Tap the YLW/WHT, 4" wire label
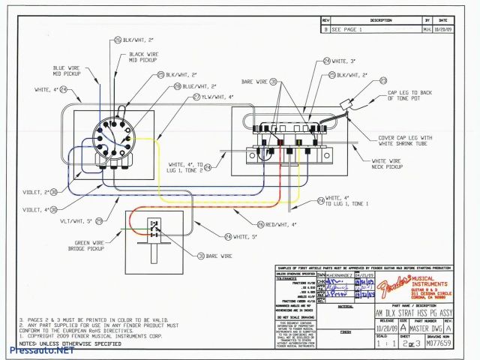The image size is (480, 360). click(216, 97)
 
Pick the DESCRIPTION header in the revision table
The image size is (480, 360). click(381, 20)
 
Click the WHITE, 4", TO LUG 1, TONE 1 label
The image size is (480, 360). click(351, 201)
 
